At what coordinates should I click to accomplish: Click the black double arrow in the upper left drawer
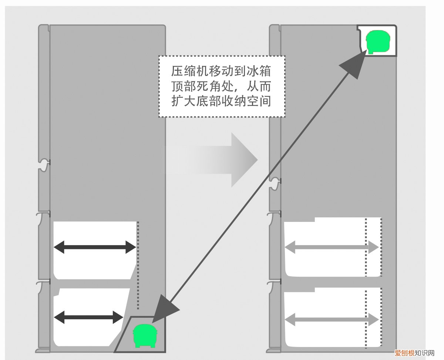click(95, 247)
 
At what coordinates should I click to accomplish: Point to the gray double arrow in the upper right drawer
click(332, 248)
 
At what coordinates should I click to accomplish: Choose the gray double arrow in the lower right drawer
click(332, 319)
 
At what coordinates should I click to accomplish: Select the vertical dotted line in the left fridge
click(138, 265)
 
